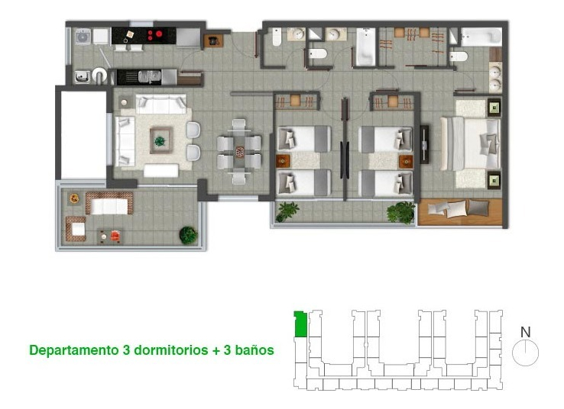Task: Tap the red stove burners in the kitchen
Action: click(155, 34)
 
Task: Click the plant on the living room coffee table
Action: click(160, 140)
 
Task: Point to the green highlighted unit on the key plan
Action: click(300, 324)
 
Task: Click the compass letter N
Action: click(525, 332)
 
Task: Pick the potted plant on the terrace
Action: click(187, 234)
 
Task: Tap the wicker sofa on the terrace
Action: click(109, 203)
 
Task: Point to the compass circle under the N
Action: click(526, 353)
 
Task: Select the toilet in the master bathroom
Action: click(459, 56)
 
